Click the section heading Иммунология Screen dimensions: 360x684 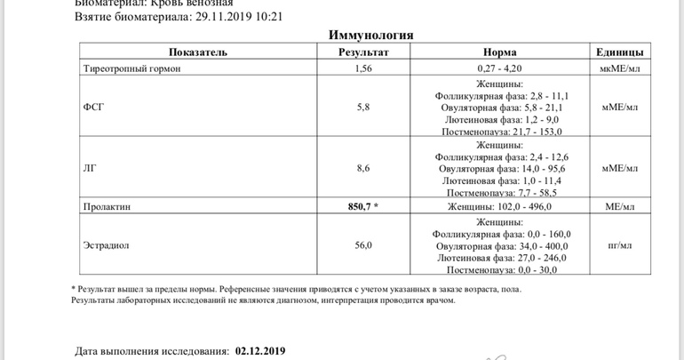click(370, 35)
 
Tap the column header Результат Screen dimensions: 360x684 click(363, 52)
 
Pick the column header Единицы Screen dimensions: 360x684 click(620, 52)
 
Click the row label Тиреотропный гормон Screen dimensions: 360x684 click(131, 68)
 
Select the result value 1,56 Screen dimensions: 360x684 click(362, 68)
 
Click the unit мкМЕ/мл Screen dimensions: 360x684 click(619, 68)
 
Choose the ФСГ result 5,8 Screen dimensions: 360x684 click(362, 107)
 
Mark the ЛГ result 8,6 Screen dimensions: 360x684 click(362, 168)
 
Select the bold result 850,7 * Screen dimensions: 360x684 click(362, 207)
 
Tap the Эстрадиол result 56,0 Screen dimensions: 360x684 click(362, 245)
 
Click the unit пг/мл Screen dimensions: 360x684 click(619, 245)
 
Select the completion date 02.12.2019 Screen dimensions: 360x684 click(260, 351)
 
